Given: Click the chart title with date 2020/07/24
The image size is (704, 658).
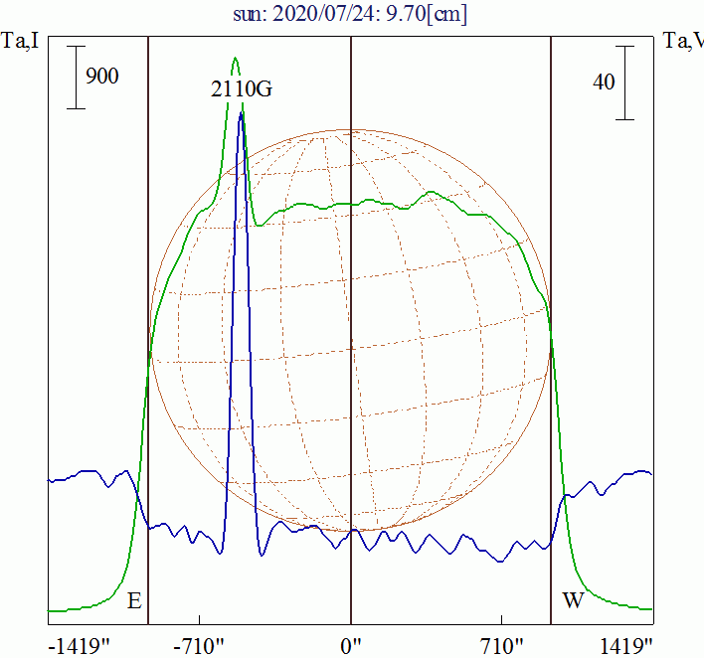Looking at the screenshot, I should point(351,14).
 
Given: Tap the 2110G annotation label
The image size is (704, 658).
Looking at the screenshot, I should point(242,88).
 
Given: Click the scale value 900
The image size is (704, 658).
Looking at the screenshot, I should point(102,76).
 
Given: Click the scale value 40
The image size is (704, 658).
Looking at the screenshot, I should point(604,82).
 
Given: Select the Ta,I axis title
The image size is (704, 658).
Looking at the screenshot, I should point(21,41).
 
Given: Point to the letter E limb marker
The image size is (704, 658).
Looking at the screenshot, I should point(134,600).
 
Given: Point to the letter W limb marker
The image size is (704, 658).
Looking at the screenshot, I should point(573,600).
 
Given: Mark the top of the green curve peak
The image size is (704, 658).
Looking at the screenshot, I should point(236,58).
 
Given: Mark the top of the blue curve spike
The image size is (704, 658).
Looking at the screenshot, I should point(241,113).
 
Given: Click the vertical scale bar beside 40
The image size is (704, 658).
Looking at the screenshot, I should point(625,82).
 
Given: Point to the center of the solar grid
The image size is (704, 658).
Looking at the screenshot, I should point(351,330).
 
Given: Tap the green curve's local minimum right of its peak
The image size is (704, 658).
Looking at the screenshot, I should point(261,225).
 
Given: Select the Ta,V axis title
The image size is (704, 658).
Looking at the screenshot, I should point(682,41).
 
